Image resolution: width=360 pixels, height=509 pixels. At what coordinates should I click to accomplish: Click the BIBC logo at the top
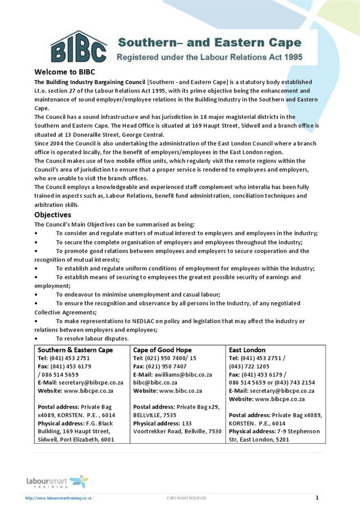click(x=78, y=47)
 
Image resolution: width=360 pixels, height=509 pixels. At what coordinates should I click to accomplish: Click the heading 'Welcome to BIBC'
click(x=65, y=72)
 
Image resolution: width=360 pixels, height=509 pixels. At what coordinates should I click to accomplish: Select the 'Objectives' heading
click(x=53, y=214)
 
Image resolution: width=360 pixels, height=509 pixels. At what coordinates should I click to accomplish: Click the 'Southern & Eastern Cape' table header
click(x=75, y=350)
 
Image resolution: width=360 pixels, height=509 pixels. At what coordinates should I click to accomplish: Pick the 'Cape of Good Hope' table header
click(x=162, y=350)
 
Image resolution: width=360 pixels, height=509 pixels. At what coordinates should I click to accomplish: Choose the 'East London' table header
click(x=247, y=350)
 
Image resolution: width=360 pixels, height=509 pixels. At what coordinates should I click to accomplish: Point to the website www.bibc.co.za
click(x=180, y=391)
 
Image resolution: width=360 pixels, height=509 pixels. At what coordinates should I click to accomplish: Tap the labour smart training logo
click(x=57, y=481)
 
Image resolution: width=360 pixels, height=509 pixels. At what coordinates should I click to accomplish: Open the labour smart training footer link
click(x=59, y=498)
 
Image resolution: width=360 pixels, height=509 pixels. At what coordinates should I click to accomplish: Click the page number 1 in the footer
click(x=317, y=497)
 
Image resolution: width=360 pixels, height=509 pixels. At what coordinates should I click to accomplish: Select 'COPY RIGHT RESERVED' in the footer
click(x=187, y=498)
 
